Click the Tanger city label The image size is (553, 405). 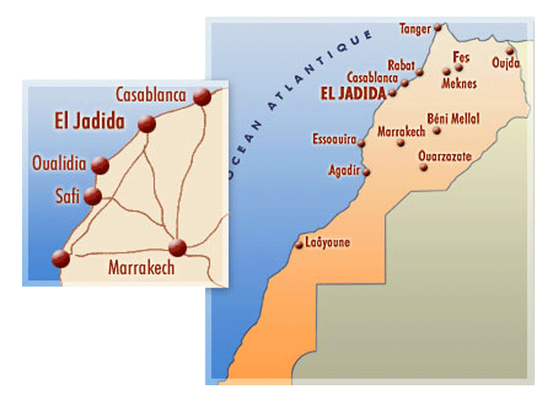tap(416, 28)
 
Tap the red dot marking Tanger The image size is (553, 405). tap(438, 28)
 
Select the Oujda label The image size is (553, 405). tap(506, 62)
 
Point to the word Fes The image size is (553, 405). tap(461, 57)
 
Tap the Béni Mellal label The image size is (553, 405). tap(453, 118)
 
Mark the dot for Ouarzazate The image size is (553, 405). tap(424, 167)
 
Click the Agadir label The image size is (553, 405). tap(344, 170)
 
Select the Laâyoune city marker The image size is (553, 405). tap(299, 245)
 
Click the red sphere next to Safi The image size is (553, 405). tap(92, 196)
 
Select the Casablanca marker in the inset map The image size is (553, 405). tap(202, 96)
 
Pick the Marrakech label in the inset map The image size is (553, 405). tap(141, 268)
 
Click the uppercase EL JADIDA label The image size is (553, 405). tap(352, 92)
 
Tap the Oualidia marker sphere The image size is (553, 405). tap(100, 165)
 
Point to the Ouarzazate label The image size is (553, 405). tap(445, 156)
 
